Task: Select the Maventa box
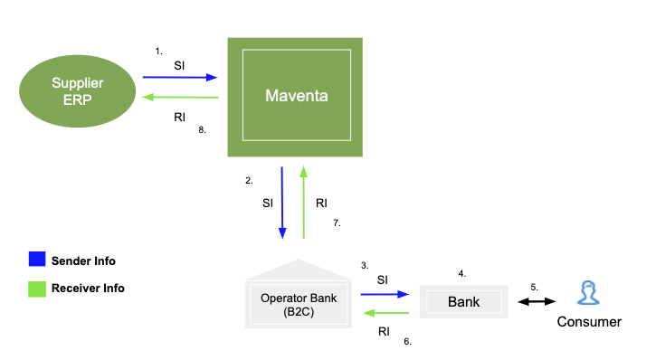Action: [294, 95]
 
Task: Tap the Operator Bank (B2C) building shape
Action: [299, 295]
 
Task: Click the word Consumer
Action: [589, 322]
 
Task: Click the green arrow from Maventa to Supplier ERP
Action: [179, 97]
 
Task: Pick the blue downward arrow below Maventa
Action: [282, 202]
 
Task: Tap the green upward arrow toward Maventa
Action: [304, 202]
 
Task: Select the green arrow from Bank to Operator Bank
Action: [386, 313]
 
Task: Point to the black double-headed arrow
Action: [537, 301]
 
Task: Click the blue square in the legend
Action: [36, 261]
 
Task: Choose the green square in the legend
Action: [36, 289]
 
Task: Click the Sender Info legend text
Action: [83, 261]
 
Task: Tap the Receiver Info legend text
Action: [88, 289]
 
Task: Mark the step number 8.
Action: [203, 129]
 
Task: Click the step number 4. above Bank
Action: [461, 272]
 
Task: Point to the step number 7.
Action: [337, 223]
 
